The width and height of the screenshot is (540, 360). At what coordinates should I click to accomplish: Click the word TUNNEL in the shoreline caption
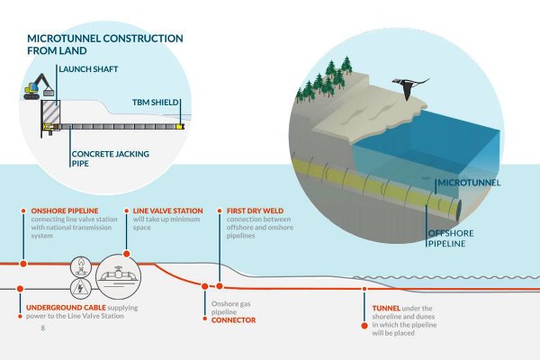pyautogui.click(x=389, y=309)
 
